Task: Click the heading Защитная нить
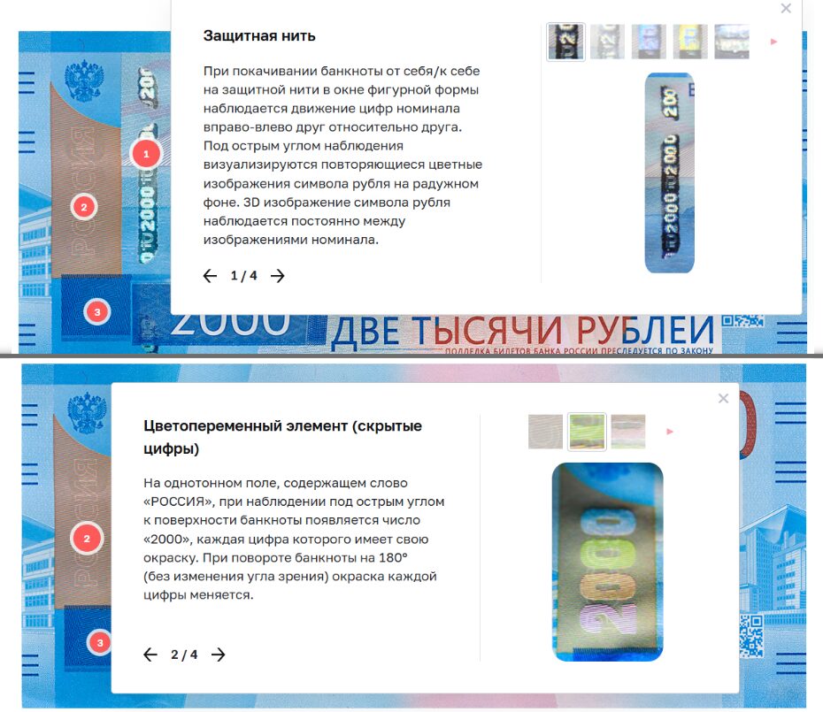click(259, 36)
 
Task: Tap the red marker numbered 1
click(146, 154)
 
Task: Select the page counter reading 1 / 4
click(243, 276)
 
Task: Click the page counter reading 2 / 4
click(184, 655)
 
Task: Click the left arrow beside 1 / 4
click(210, 276)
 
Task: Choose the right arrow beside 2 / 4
click(219, 655)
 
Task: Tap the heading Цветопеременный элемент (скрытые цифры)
click(282, 437)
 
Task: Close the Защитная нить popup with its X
click(786, 9)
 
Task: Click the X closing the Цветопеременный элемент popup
click(723, 398)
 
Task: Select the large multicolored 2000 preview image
click(607, 562)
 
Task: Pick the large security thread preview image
click(670, 172)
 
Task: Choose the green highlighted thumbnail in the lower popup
click(587, 431)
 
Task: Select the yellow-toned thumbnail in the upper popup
click(690, 42)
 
